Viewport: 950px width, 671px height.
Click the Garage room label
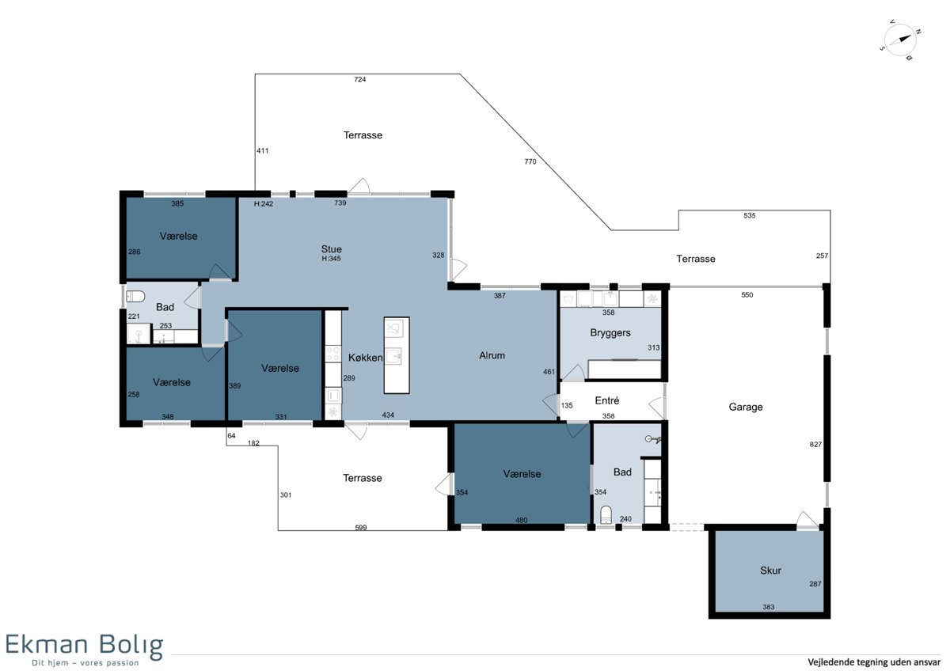pyautogui.click(x=746, y=407)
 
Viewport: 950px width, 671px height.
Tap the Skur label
pyautogui.click(x=770, y=571)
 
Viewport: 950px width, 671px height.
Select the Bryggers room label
pyautogui.click(x=610, y=333)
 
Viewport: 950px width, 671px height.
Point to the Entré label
pyautogui.click(x=607, y=400)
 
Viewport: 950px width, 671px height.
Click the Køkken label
pyautogui.click(x=365, y=358)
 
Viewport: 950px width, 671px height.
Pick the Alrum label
pyautogui.click(x=492, y=355)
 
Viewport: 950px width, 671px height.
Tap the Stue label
pyautogui.click(x=331, y=248)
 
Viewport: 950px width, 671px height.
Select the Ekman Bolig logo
pyautogui.click(x=85, y=650)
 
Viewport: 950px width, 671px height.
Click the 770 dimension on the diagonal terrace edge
pyautogui.click(x=530, y=161)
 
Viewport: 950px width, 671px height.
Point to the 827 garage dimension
pyautogui.click(x=815, y=444)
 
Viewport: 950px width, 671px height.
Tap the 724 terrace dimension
pyautogui.click(x=359, y=79)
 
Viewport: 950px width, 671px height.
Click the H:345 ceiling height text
pyautogui.click(x=331, y=259)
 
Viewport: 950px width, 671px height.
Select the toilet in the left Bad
pyautogui.click(x=135, y=296)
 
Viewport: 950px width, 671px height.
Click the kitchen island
pyautogui.click(x=397, y=355)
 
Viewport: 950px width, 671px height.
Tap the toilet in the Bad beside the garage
pyautogui.click(x=606, y=515)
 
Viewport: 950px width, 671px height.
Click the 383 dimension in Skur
pyautogui.click(x=769, y=607)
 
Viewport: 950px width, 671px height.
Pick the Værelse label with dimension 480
pyautogui.click(x=522, y=474)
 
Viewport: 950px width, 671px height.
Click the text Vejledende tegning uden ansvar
pyautogui.click(x=874, y=662)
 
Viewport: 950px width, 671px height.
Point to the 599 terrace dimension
pyautogui.click(x=360, y=527)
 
